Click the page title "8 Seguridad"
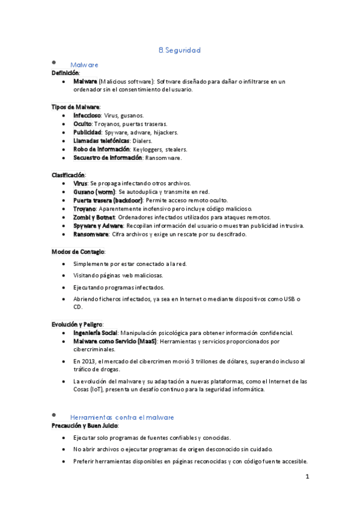pos(180,51)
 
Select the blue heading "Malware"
pos(84,64)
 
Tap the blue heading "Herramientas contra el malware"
pos(122,417)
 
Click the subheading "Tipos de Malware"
pos(75,106)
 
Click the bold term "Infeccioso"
pos(87,115)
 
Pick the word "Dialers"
pos(142,141)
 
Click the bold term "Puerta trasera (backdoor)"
pos(108,200)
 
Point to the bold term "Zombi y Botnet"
pos(94,217)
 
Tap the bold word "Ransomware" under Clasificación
pos(91,234)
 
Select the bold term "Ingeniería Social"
pos(95,333)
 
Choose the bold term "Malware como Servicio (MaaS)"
pos(115,341)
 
